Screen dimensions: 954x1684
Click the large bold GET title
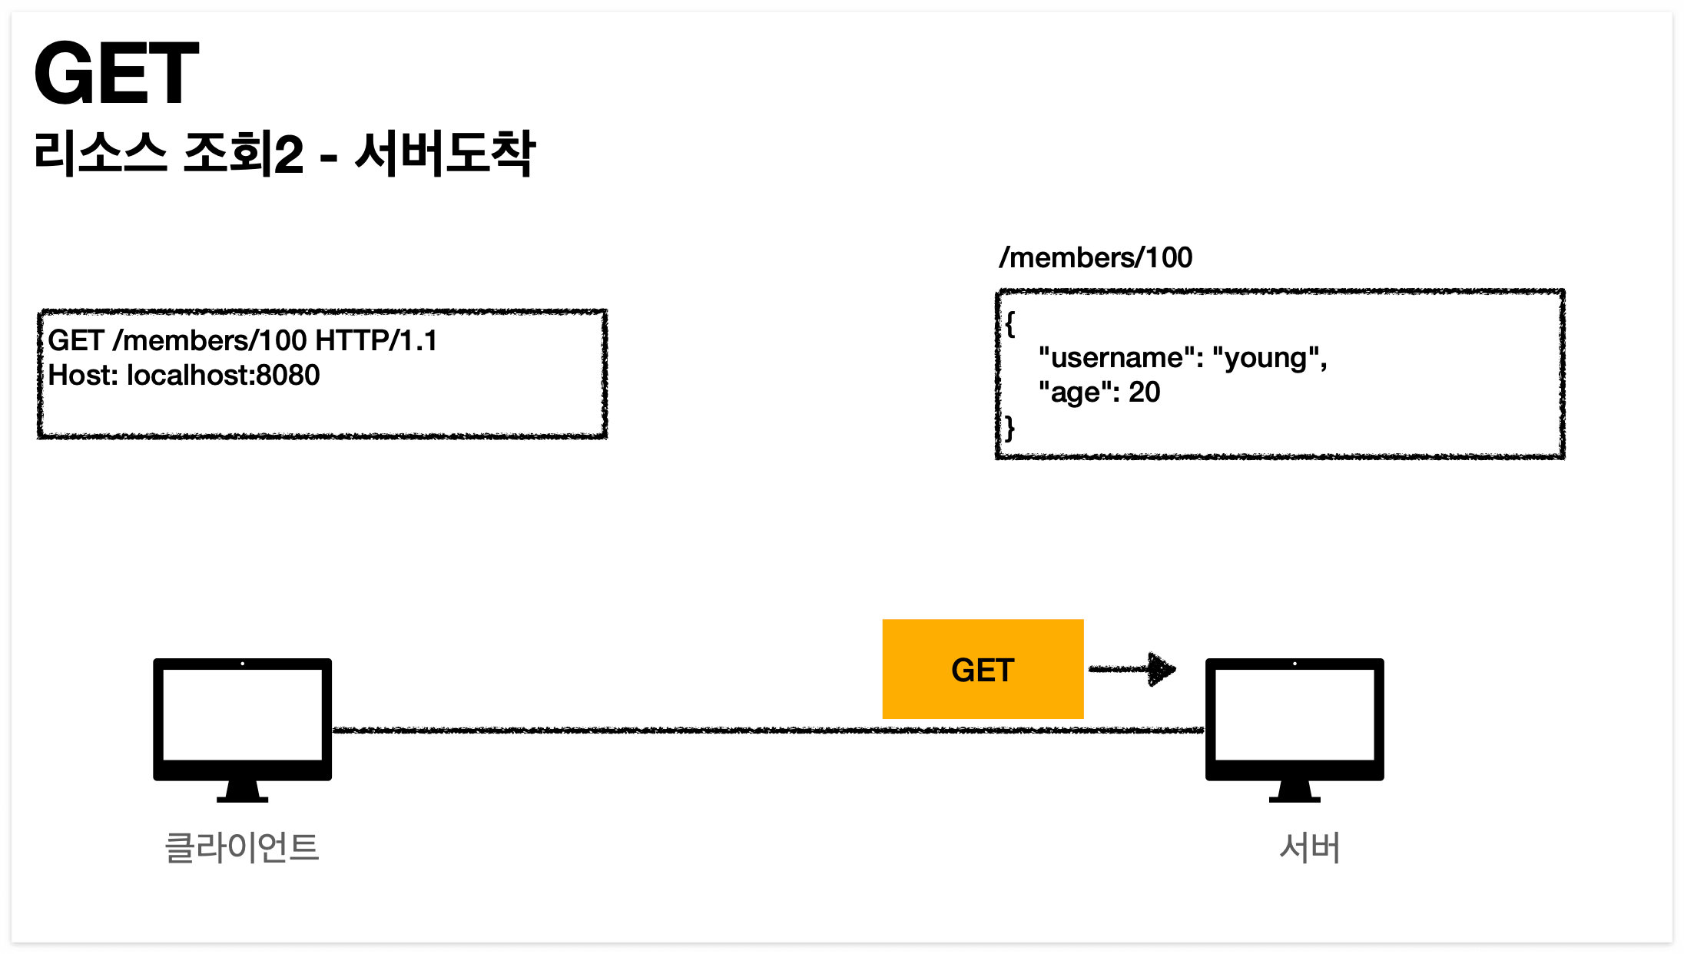[117, 74]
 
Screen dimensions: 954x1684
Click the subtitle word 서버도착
[445, 154]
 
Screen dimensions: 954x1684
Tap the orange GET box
[983, 669]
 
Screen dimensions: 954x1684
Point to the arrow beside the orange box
[1132, 669]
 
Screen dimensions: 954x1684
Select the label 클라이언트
[242, 848]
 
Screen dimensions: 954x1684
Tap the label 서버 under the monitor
[1310, 848]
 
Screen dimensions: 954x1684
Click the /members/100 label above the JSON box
[1096, 258]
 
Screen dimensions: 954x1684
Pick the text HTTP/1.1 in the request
[376, 340]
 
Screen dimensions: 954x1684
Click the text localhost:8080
[223, 376]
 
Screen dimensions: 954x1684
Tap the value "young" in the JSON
[1266, 358]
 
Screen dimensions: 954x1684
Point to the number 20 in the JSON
[1144, 393]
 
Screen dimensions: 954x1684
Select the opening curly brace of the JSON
[1010, 324]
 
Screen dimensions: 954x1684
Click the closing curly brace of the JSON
[1010, 428]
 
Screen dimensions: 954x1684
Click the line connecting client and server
[615, 730]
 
